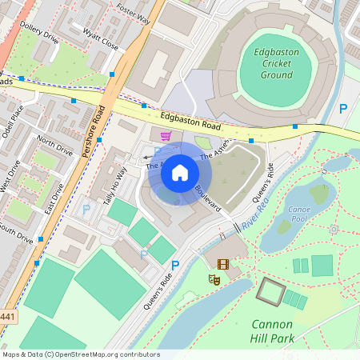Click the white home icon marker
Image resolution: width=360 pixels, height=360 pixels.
[180, 173]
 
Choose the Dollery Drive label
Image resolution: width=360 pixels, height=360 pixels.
[40, 36]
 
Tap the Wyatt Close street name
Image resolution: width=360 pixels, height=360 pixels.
[101, 39]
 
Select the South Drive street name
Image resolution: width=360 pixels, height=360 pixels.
[16, 232]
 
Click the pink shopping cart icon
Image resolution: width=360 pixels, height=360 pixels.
[166, 137]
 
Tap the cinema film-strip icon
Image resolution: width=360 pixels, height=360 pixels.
[222, 264]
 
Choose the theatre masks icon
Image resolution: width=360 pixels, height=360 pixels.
[214, 279]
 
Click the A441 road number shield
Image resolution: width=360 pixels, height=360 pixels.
[6, 317]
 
